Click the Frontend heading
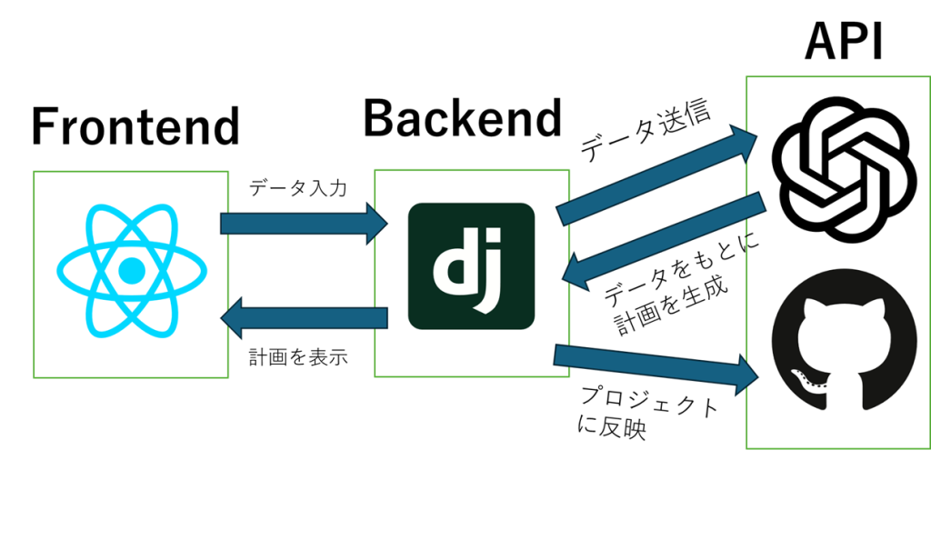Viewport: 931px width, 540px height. point(135,126)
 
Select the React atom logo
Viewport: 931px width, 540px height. point(132,270)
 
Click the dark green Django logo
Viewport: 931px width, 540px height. point(471,266)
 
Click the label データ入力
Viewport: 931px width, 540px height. point(297,189)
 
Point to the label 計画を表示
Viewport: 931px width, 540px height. point(297,357)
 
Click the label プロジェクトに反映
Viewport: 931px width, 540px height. point(645,413)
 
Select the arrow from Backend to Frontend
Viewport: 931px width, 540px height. point(304,317)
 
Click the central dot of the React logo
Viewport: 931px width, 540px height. point(132,270)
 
